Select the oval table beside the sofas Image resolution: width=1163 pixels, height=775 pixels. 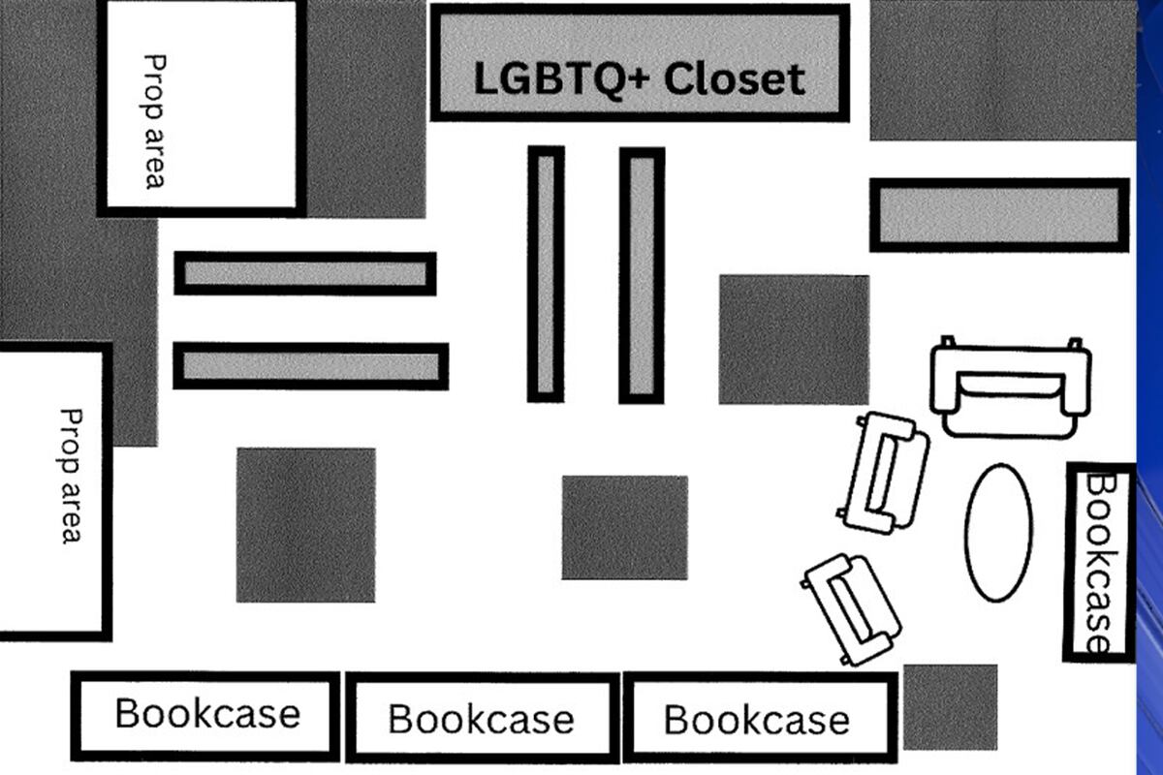coord(998,532)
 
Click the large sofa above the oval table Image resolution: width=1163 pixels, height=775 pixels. coord(1011,387)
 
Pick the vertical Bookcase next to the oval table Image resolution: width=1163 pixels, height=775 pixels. coord(1100,562)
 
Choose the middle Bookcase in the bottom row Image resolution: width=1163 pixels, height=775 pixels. coord(482,718)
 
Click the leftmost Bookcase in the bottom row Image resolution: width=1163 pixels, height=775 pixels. coord(205,715)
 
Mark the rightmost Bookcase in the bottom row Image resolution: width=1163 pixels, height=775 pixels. coord(758,718)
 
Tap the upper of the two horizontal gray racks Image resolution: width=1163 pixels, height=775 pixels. coord(304,274)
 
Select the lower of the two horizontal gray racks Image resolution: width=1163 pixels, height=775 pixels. coord(310,366)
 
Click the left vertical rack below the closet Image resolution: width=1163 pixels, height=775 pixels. coord(546,273)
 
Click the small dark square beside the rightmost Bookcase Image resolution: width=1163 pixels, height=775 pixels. coord(950,706)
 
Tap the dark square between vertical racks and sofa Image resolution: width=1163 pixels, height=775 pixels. coord(794,339)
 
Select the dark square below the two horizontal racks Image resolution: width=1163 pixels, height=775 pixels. coord(305,524)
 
